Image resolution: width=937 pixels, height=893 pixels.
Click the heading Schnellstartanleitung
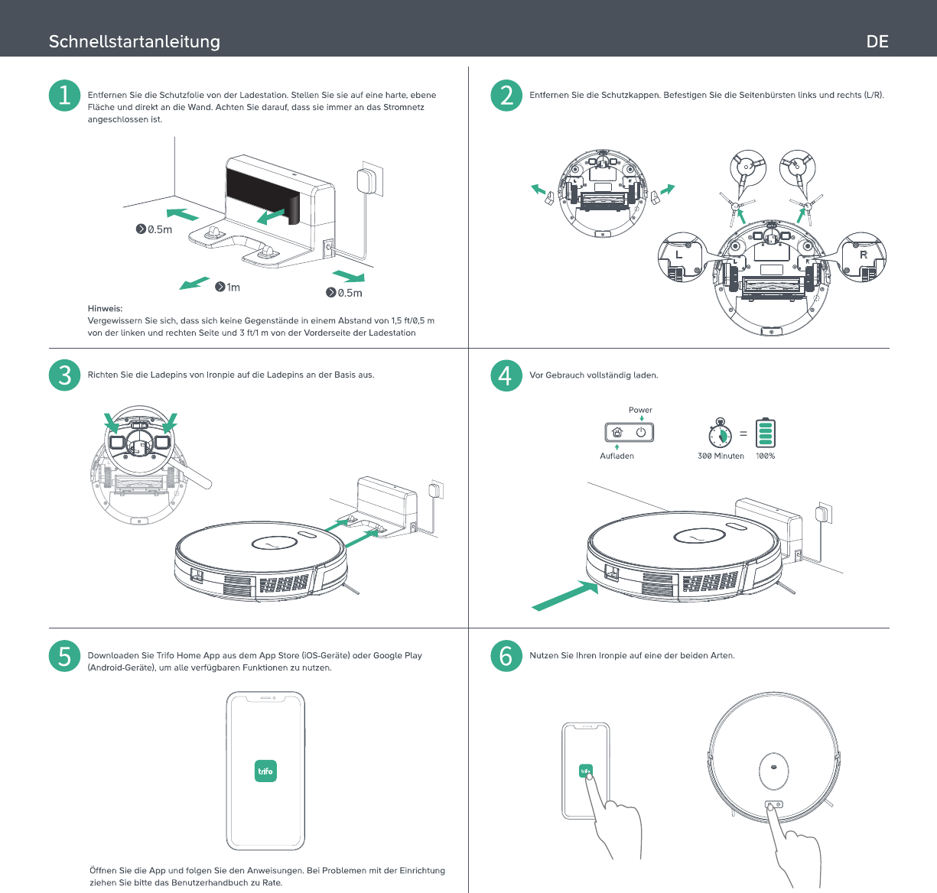[x=135, y=41]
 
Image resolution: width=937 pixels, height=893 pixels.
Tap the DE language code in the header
[x=877, y=41]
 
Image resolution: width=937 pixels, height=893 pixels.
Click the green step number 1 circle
[x=64, y=96]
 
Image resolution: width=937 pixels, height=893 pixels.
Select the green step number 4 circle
[x=506, y=375]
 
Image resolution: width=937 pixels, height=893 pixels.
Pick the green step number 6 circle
[x=506, y=656]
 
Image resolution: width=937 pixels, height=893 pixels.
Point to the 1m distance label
[x=228, y=287]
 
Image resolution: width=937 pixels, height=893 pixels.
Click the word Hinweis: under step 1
[x=105, y=308]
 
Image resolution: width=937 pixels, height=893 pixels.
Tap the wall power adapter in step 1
[x=366, y=181]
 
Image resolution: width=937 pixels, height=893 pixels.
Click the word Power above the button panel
[x=640, y=410]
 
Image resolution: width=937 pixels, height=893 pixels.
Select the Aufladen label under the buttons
[x=617, y=456]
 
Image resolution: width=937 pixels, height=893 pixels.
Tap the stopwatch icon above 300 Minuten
[x=720, y=434]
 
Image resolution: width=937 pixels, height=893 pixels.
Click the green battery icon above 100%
[x=765, y=433]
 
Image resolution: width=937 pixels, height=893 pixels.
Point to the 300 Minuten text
[x=721, y=456]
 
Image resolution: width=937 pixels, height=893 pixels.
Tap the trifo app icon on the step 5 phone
[x=265, y=771]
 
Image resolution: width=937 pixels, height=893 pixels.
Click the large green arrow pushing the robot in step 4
[x=565, y=596]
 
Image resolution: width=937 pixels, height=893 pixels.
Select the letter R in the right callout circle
[x=863, y=255]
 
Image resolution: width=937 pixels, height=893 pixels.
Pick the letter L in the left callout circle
[x=679, y=255]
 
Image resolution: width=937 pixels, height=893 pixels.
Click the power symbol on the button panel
[x=641, y=432]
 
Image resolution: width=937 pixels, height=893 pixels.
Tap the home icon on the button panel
[x=617, y=432]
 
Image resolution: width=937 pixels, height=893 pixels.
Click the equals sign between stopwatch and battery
[x=743, y=434]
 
